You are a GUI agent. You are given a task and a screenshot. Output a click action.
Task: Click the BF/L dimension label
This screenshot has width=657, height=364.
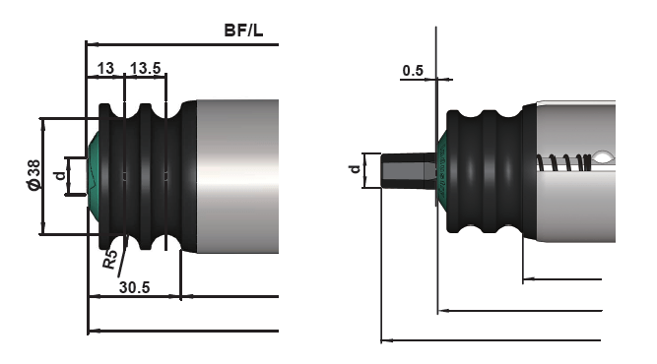tap(243, 30)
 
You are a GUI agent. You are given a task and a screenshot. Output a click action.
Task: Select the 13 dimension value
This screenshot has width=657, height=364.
tap(105, 68)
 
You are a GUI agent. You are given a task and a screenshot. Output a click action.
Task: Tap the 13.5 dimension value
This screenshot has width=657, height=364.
tap(146, 68)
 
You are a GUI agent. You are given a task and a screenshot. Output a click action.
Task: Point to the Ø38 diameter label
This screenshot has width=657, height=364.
tap(34, 175)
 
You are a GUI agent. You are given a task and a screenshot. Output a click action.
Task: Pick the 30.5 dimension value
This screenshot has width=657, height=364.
tap(135, 288)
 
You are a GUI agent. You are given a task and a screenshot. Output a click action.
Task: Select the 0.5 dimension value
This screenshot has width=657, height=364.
tap(413, 71)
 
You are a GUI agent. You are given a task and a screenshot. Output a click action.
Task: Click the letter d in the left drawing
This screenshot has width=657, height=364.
tap(61, 176)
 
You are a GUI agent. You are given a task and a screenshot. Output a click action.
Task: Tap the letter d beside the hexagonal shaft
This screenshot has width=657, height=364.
tap(356, 169)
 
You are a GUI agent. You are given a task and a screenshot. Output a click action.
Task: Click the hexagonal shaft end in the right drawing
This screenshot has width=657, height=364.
tap(409, 171)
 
